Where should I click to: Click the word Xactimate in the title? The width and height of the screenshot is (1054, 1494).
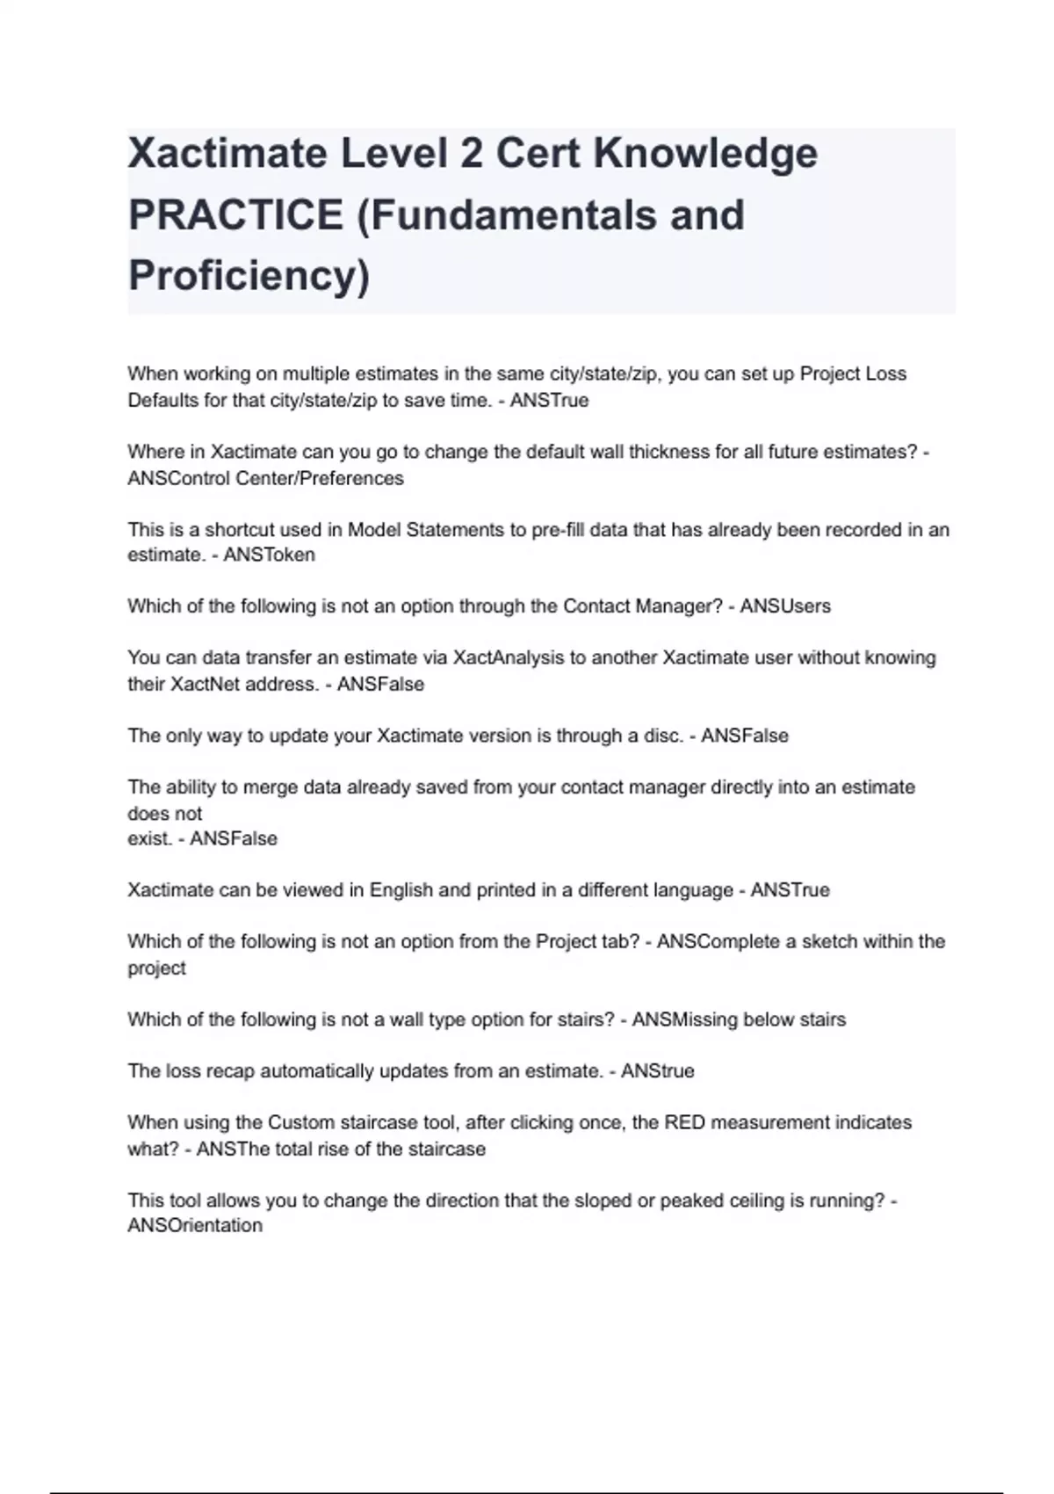pos(227,154)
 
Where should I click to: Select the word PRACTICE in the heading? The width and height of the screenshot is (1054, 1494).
pos(235,215)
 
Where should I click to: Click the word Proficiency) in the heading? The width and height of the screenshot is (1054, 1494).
pos(249,276)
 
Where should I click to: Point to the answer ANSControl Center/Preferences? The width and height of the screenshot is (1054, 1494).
pos(265,479)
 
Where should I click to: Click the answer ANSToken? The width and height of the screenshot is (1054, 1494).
pos(269,555)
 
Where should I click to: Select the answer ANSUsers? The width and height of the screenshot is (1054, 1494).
pos(785,606)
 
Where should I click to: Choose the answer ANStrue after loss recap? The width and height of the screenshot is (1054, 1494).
pos(658,1071)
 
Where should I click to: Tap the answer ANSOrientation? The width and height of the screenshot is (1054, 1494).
pos(195,1226)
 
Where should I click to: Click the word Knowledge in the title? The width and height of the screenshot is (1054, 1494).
pos(705,154)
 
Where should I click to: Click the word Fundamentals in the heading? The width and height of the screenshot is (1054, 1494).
pos(552,215)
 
